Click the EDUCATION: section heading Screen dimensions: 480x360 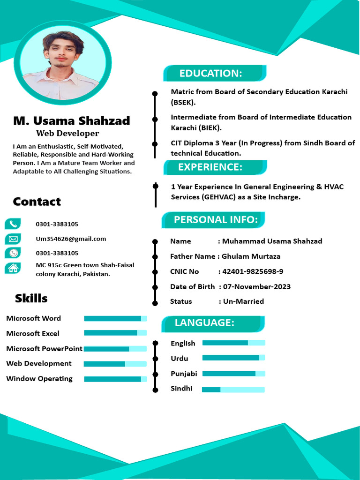tap(211, 73)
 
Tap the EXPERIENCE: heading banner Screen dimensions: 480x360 tap(210, 167)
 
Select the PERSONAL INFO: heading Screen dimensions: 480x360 tap(216, 219)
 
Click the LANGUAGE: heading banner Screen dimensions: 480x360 tap(204, 322)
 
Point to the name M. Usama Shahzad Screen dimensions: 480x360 tap(72, 121)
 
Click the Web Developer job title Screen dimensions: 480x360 tap(68, 133)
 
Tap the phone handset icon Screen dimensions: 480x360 tap(13, 224)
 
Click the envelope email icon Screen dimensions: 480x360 tap(13, 239)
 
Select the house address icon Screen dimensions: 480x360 tap(13, 268)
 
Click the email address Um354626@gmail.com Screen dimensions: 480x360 tap(71, 239)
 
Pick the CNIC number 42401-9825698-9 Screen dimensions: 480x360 tap(252, 271)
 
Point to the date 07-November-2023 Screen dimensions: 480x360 tap(256, 286)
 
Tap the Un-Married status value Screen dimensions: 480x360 tap(243, 301)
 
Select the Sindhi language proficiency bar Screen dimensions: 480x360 tap(233, 390)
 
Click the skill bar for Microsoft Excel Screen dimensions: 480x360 tap(115, 333)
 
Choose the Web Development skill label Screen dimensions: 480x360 tap(39, 363)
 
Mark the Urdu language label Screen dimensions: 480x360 tap(180, 359)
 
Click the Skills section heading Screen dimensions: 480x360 tap(31, 298)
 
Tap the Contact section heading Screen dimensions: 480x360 tap(37, 202)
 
